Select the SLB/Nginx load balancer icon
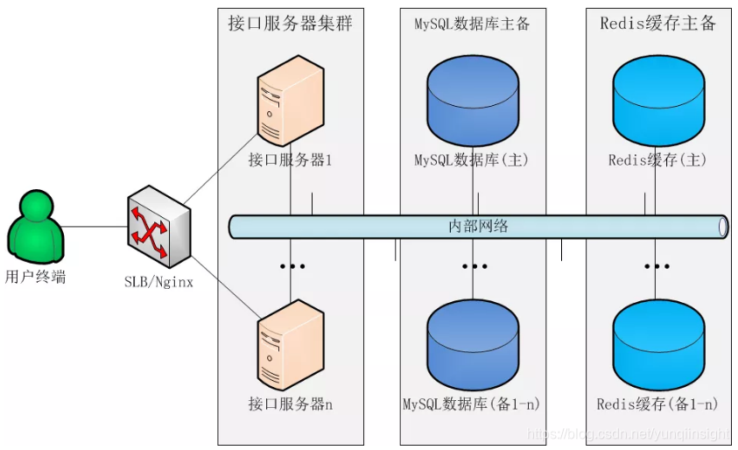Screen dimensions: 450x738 (158, 225)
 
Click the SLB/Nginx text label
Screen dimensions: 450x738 (158, 282)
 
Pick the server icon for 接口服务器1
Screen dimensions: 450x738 (290, 104)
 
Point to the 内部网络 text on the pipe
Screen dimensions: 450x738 (478, 226)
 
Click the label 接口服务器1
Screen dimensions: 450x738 (290, 160)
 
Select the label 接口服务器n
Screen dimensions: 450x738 (290, 404)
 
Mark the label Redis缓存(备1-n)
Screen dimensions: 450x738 (658, 404)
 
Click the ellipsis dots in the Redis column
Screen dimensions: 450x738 (658, 265)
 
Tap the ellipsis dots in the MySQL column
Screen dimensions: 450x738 (474, 265)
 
